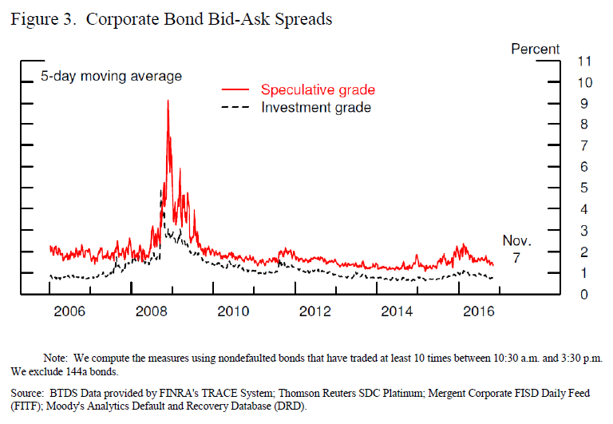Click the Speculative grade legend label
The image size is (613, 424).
(x=318, y=89)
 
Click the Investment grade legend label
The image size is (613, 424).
(x=316, y=107)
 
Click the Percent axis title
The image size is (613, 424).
(x=535, y=50)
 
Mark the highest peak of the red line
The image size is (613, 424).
(x=168, y=101)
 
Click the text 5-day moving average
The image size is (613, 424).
(x=112, y=77)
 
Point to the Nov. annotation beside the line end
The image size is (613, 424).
(x=516, y=240)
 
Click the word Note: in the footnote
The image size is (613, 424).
(x=57, y=359)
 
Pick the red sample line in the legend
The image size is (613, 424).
(x=236, y=89)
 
